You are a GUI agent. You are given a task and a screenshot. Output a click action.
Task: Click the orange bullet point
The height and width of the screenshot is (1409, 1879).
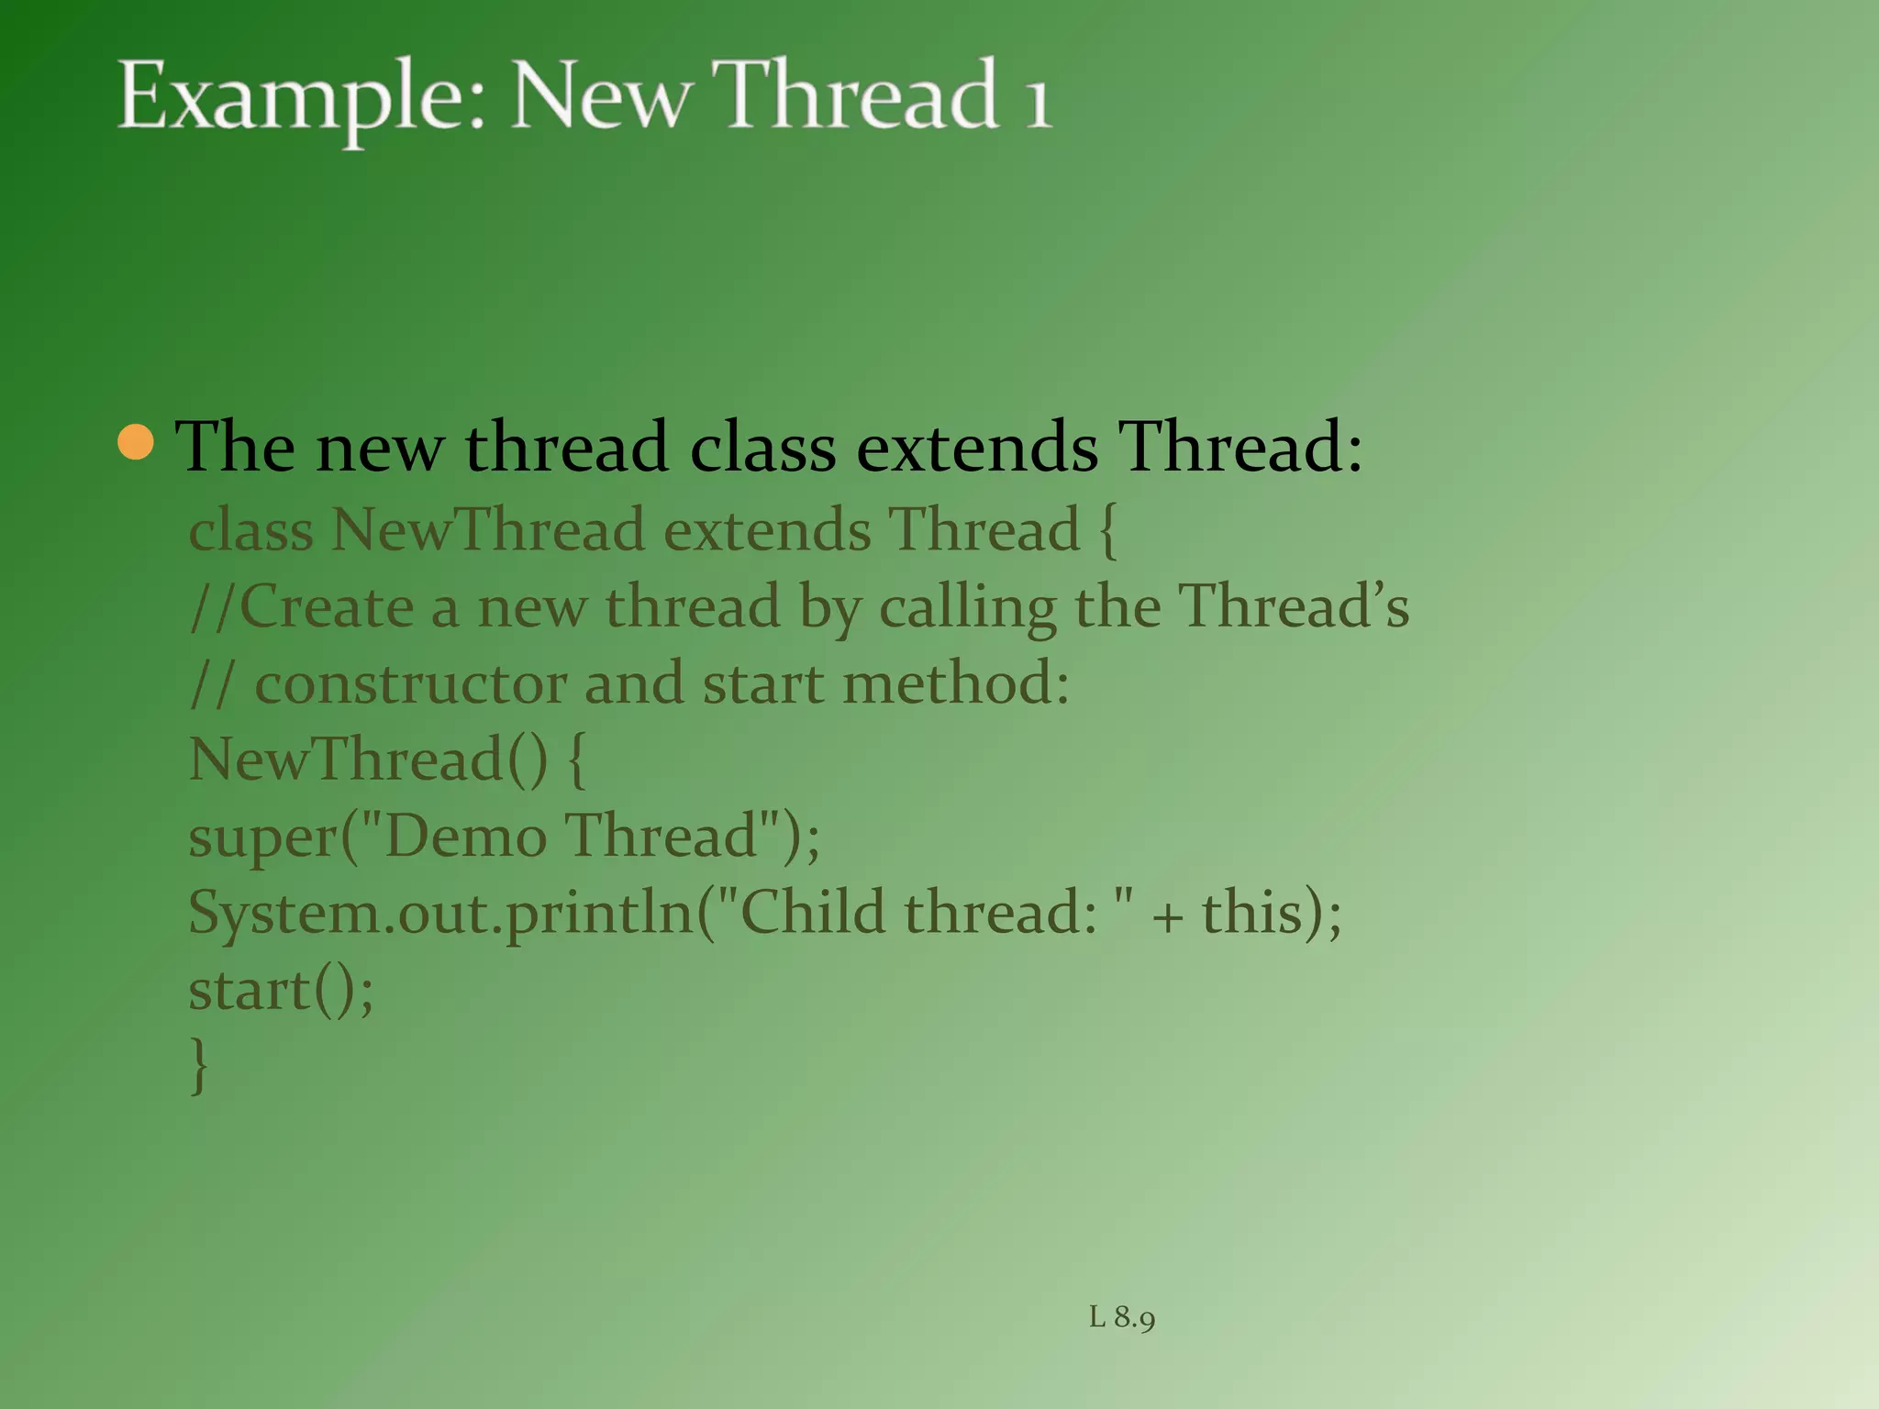point(136,443)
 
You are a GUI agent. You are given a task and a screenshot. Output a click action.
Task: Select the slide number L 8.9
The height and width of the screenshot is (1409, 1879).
point(1121,1317)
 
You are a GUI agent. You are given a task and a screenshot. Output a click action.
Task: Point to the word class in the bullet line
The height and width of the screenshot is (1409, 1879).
point(762,447)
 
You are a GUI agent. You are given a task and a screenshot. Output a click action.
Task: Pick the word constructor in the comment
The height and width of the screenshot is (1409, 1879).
point(410,684)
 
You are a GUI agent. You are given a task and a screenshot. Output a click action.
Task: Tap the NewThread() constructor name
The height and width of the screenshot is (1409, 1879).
point(367,760)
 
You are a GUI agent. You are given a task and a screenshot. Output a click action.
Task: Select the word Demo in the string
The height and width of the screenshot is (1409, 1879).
point(466,837)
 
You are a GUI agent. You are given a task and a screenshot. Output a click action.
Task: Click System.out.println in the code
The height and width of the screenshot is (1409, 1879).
point(440,915)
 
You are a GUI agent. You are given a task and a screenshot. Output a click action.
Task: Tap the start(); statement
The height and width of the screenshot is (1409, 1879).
point(281,991)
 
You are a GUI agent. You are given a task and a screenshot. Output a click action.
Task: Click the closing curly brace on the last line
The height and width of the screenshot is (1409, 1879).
point(198,1065)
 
